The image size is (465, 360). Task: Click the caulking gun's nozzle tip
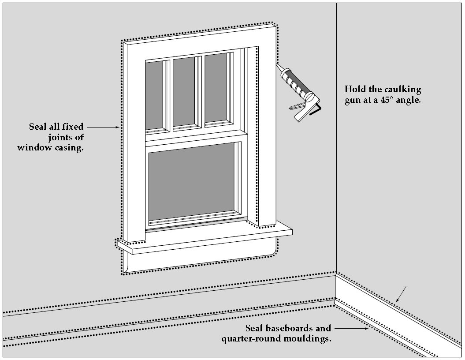tap(278, 65)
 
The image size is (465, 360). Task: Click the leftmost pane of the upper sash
tap(154, 94)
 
